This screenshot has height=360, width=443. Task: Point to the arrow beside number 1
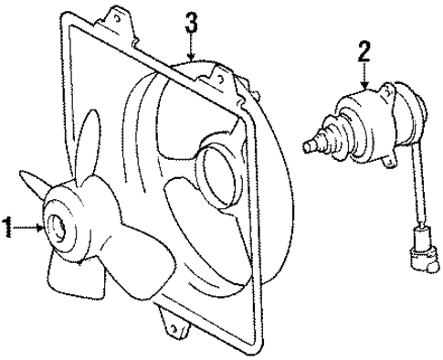30,228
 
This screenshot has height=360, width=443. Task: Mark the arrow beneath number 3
190,49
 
